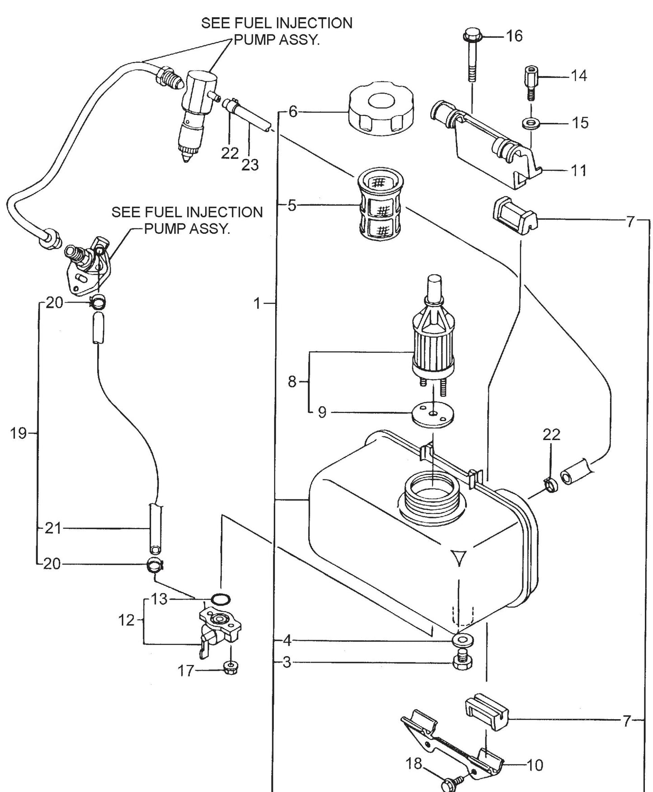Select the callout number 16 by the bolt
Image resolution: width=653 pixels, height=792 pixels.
514,36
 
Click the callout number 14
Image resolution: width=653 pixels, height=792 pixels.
579,76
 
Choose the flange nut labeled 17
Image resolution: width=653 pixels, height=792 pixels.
231,666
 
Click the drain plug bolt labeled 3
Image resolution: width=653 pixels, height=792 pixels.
462,661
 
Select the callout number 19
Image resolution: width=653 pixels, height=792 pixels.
18,433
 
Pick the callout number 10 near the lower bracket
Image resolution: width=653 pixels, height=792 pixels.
535,765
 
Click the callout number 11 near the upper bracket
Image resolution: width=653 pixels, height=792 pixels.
579,171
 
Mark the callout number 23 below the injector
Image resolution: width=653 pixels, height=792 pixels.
250,165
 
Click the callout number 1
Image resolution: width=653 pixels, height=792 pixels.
257,304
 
